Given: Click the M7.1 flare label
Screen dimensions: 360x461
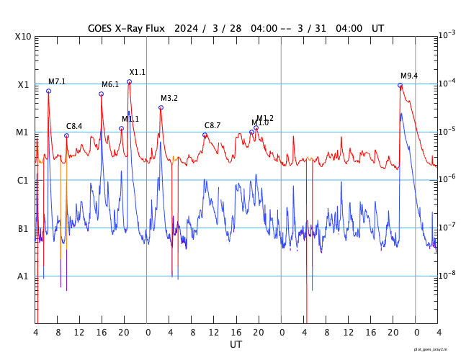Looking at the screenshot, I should (57, 81).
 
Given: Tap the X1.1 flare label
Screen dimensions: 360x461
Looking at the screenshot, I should (138, 72).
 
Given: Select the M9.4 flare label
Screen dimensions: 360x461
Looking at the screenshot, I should (409, 76).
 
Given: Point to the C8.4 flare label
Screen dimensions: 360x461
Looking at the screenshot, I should (74, 126).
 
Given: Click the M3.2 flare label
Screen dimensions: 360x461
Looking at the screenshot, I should (169, 98).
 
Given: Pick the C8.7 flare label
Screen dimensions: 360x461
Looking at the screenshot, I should (212, 125).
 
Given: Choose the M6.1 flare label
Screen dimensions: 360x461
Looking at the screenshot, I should (110, 84).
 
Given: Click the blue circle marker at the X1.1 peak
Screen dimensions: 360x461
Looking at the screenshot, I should (130, 81).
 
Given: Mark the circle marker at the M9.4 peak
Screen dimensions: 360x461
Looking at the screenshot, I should (400, 85).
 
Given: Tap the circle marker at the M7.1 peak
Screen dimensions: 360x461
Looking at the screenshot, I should (48, 91).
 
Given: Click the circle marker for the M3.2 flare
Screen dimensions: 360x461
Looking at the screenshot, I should (161, 107).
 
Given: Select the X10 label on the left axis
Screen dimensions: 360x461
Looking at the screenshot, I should (23, 37).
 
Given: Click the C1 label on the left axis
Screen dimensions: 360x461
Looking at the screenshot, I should (23, 180).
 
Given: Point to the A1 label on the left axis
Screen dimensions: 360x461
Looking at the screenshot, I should (23, 276).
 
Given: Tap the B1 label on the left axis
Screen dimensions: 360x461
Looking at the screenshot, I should (23, 228).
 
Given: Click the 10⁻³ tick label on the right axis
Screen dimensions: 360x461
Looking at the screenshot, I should (446, 35).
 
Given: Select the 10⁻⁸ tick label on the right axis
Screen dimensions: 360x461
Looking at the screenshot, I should (446, 274).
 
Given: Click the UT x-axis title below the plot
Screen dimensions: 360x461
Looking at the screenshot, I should (236, 345).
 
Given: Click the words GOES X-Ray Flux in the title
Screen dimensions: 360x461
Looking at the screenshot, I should (126, 28).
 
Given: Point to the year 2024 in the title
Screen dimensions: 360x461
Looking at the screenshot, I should (186, 28).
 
